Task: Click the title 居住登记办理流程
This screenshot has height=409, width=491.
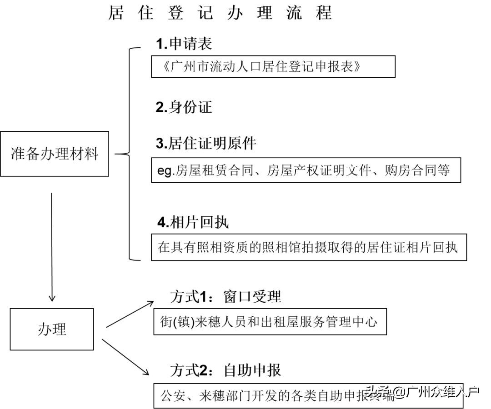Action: point(220,13)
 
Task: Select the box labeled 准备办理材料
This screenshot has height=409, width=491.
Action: point(55,154)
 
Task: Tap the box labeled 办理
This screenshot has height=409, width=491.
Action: point(52,329)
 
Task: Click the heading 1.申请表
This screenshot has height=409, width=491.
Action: point(184,44)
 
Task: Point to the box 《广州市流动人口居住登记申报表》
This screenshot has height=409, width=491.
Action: point(273,66)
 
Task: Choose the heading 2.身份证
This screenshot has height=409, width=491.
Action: point(184,107)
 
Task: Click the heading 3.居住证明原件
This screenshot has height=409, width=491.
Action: point(205,144)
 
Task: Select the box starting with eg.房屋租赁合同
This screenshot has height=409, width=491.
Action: point(306,170)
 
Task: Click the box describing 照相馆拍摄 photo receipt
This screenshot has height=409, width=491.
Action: point(309,248)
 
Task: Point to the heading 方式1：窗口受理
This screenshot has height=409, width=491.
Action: point(225,297)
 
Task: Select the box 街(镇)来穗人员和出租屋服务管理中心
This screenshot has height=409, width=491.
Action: point(270,323)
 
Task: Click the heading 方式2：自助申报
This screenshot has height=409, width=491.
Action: point(225,370)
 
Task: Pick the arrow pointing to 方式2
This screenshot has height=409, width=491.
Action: point(126,357)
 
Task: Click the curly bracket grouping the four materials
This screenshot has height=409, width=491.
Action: point(130,154)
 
